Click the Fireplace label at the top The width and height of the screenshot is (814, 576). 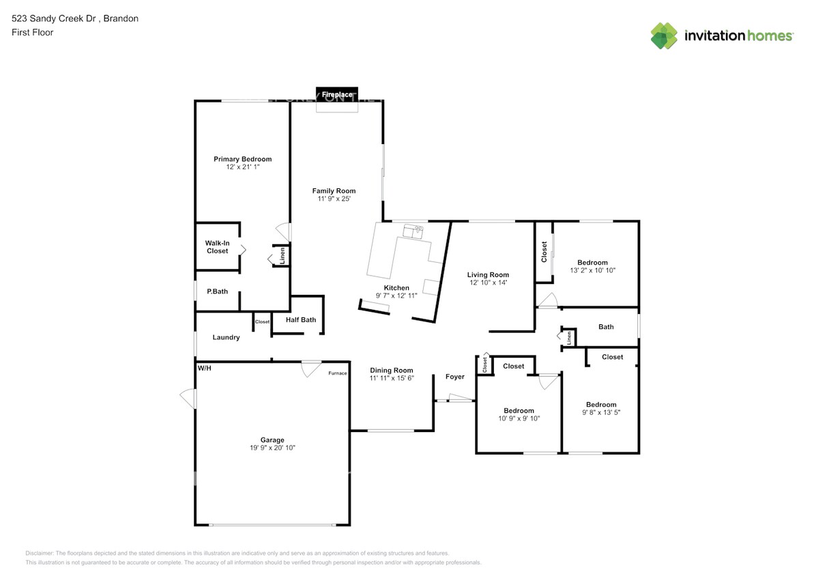click(337, 94)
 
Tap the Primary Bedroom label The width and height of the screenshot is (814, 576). click(242, 159)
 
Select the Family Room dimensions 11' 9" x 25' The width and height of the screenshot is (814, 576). click(334, 199)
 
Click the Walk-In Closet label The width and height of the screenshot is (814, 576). click(217, 246)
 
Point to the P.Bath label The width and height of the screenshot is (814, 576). click(217, 291)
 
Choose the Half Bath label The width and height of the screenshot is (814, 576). click(300, 319)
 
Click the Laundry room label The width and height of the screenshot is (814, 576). click(226, 337)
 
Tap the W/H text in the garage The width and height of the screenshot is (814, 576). click(205, 368)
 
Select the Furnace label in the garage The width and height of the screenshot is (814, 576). click(337, 373)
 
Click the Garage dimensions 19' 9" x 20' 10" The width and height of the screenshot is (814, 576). click(272, 448)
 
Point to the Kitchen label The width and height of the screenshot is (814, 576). click(396, 288)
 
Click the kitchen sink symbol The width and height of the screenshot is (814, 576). click(413, 231)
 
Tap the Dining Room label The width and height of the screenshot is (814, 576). click(392, 370)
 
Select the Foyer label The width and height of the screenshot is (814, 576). click(454, 377)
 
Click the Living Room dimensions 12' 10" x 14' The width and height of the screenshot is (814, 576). click(489, 283)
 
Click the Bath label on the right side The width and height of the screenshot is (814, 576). click(606, 327)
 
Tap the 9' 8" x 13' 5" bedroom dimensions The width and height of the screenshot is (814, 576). click(600, 412)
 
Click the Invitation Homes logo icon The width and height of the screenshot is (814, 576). click(663, 35)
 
